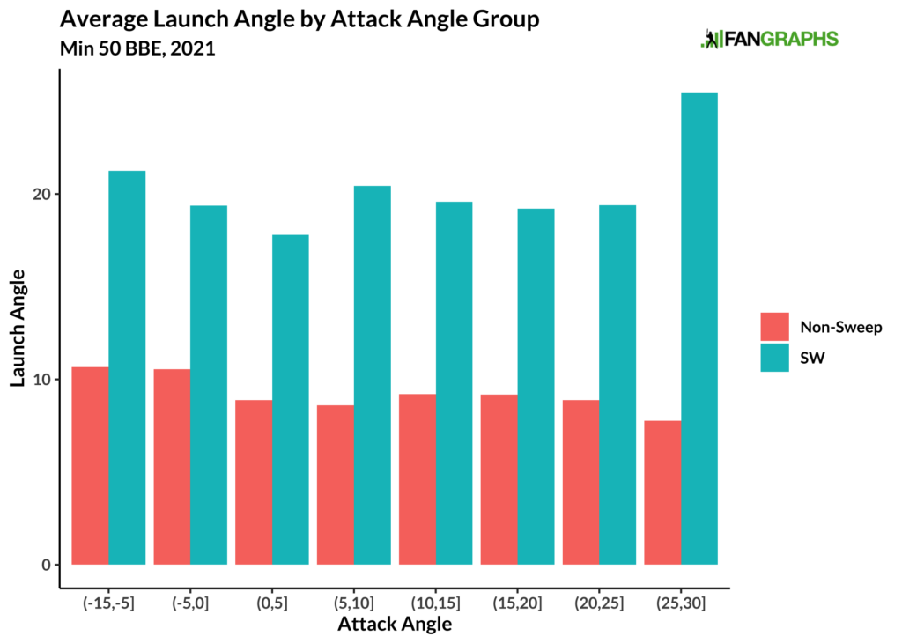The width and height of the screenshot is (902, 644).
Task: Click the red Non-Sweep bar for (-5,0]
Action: [x=172, y=466]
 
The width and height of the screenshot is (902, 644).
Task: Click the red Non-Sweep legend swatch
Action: [x=774, y=327]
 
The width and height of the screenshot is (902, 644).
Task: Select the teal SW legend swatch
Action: [x=774, y=358]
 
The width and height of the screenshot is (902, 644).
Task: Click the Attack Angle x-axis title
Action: [x=395, y=625]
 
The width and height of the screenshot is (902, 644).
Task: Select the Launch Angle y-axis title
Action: [x=18, y=328]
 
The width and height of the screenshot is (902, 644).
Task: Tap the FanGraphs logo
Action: [x=769, y=39]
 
